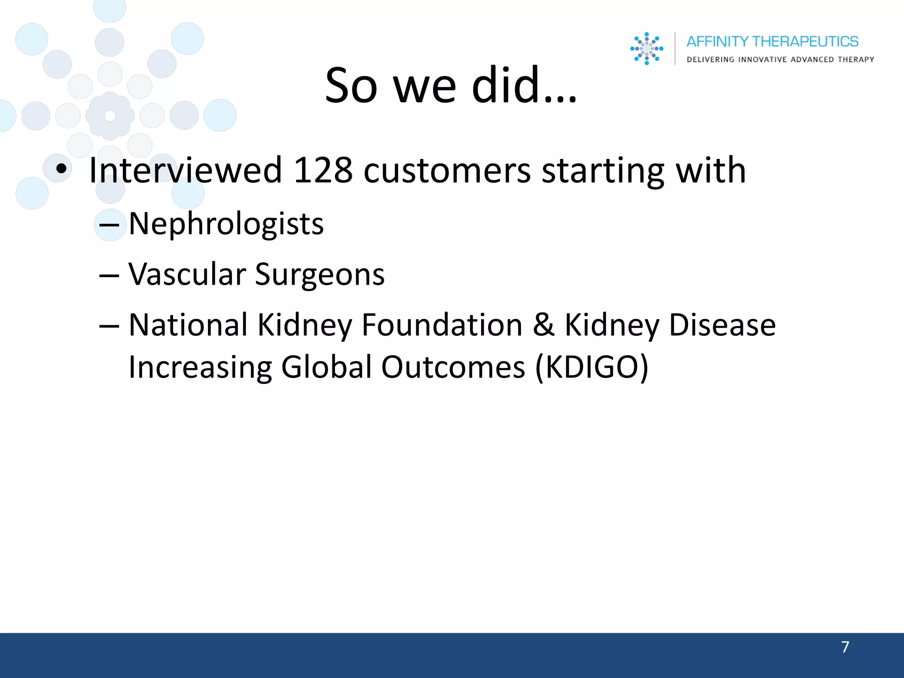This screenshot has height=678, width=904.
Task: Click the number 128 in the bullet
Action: pyautogui.click(x=323, y=170)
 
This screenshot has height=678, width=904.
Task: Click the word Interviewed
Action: pyautogui.click(x=185, y=170)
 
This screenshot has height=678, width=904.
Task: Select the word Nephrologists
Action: pyautogui.click(x=226, y=224)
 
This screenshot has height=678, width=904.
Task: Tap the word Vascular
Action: pyautogui.click(x=187, y=274)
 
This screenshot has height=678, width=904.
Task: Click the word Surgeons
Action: pyautogui.click(x=320, y=274)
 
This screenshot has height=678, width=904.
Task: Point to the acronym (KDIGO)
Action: pyautogui.click(x=591, y=367)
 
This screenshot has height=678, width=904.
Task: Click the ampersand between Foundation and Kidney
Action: pyautogui.click(x=543, y=325)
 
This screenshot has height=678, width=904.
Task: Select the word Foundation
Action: pyautogui.click(x=442, y=325)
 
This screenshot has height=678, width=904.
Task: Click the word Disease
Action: pyautogui.click(x=722, y=325)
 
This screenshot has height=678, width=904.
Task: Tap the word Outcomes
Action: pyautogui.click(x=453, y=367)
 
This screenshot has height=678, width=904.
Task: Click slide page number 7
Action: pyautogui.click(x=845, y=647)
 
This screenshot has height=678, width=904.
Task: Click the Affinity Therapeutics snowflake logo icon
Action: pyautogui.click(x=647, y=49)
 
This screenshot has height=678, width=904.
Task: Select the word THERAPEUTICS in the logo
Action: pyautogui.click(x=805, y=41)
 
